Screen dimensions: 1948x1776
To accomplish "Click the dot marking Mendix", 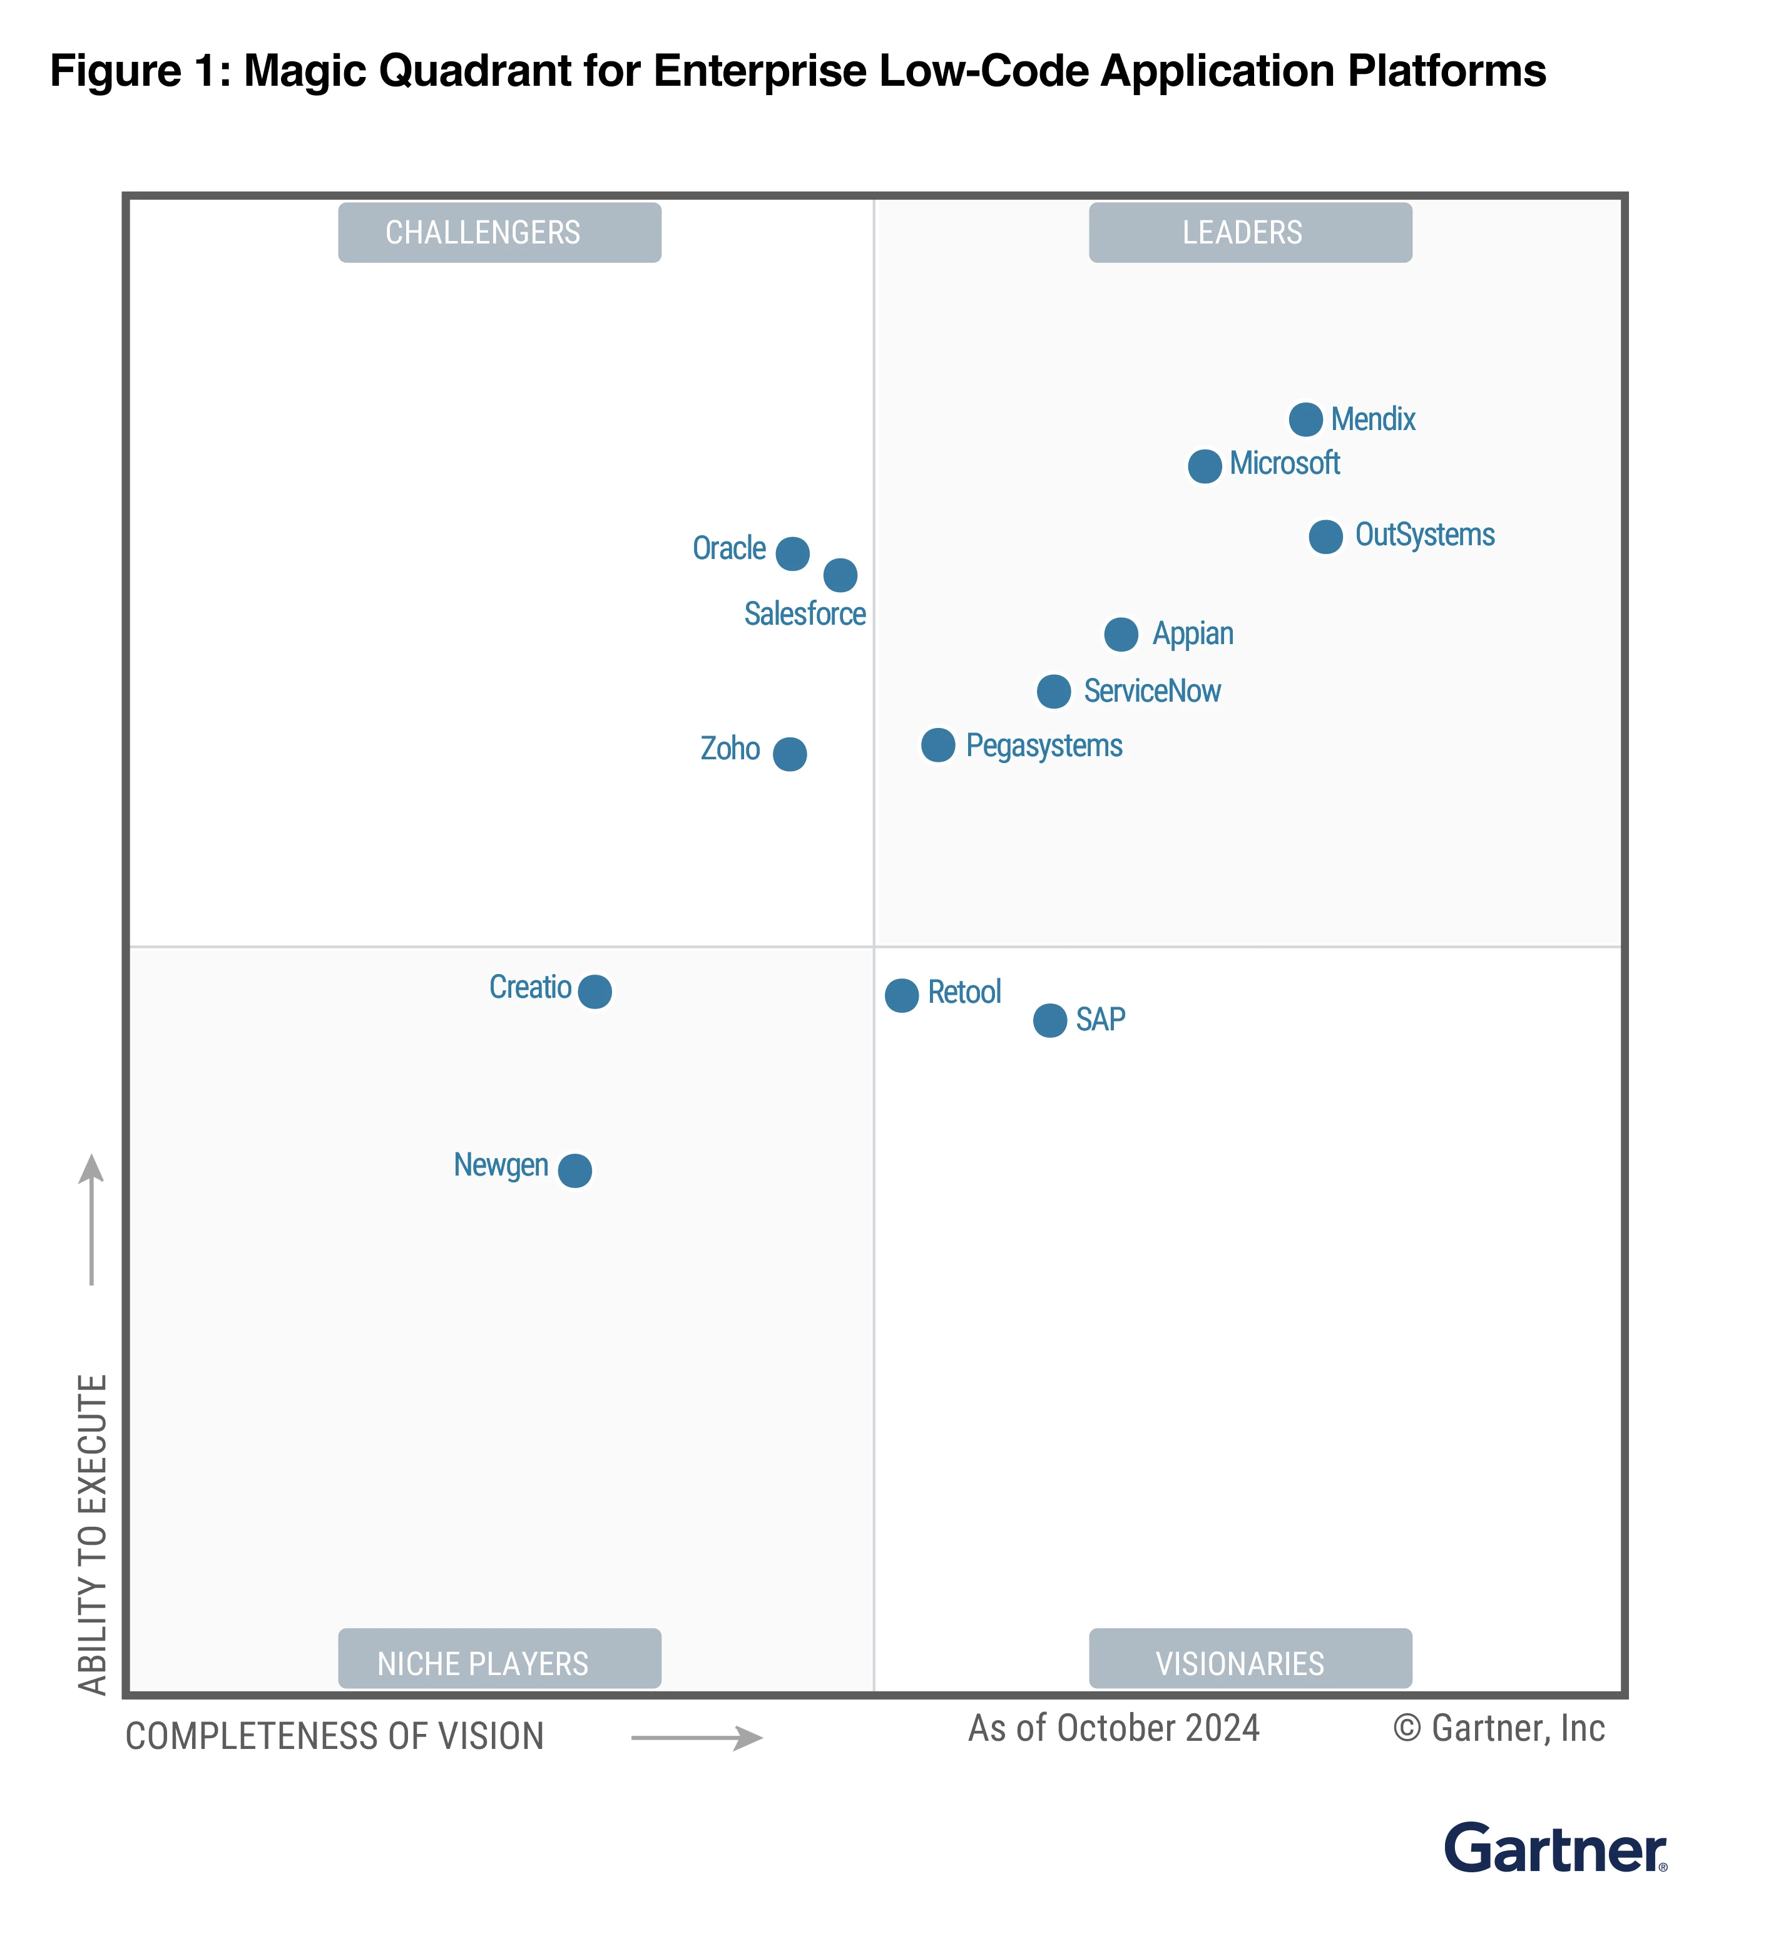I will [x=1305, y=419].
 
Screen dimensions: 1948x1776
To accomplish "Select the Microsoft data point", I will [x=1204, y=466].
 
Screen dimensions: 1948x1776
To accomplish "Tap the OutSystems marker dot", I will [x=1325, y=536].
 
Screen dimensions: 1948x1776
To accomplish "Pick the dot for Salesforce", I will [x=840, y=575].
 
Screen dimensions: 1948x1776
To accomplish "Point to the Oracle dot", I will [x=792, y=554].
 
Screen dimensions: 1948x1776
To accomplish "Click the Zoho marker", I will [x=790, y=754].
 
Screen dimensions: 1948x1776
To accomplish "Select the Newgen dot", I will [x=575, y=1170].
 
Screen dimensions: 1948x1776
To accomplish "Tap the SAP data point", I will [x=1049, y=1020].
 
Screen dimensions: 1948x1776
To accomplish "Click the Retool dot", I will [x=902, y=995].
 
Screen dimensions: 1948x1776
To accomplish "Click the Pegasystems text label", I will [x=1044, y=746].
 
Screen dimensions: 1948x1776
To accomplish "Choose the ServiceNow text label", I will [x=1152, y=691].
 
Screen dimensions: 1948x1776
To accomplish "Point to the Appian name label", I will [x=1192, y=634].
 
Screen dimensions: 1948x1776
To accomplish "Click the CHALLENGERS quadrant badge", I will [x=499, y=233].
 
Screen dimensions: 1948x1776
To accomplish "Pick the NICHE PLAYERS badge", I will [x=499, y=1663].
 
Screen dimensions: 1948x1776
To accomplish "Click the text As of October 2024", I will [x=1113, y=1729].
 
